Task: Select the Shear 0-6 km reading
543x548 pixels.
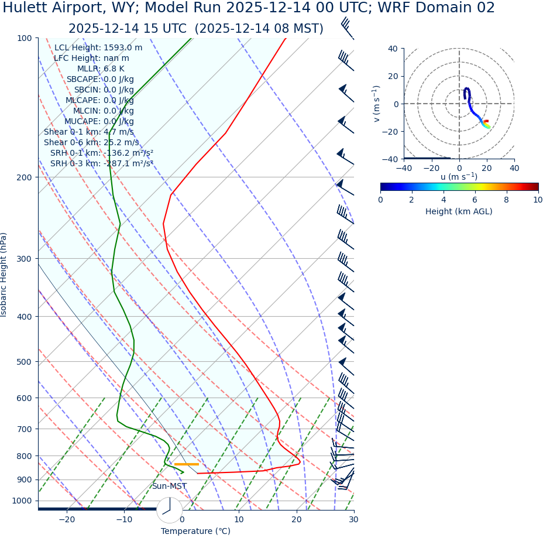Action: pos(91,142)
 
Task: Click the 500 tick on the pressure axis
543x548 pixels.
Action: pos(24,362)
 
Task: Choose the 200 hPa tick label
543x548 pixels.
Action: pos(24,177)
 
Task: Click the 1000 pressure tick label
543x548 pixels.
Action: pos(22,501)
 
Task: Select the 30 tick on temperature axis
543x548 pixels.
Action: pos(353,520)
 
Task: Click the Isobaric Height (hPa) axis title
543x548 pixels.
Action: pos(4,275)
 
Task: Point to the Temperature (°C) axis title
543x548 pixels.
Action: pos(195,532)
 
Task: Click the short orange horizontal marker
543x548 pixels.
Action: pos(186,464)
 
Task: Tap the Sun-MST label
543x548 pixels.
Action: pos(169,487)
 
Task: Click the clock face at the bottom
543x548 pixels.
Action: pos(169,509)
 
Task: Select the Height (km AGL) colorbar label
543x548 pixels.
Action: pos(459,211)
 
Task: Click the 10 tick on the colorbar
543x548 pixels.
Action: pos(537,200)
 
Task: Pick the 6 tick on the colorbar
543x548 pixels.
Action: pos(475,200)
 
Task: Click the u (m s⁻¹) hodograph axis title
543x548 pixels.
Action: pos(459,177)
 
